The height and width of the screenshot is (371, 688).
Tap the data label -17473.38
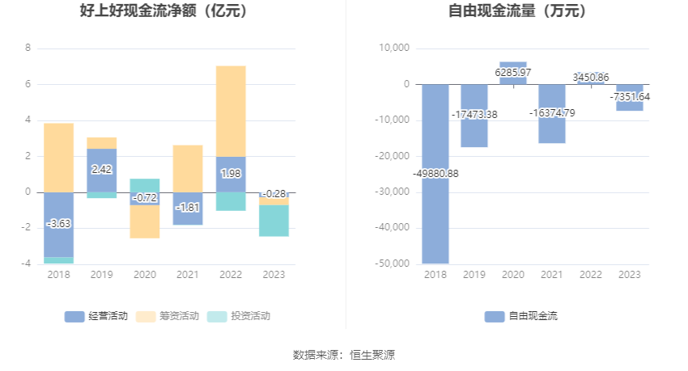pyautogui.click(x=474, y=115)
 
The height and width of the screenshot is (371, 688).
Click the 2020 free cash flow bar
pyautogui.click(x=513, y=68)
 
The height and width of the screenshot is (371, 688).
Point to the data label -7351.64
pyautogui.click(x=630, y=97)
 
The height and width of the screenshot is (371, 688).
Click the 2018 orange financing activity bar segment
pyautogui.click(x=58, y=158)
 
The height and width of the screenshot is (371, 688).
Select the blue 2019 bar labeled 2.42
pyautogui.click(x=101, y=171)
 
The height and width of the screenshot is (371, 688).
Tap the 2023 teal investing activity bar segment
pyautogui.click(x=274, y=221)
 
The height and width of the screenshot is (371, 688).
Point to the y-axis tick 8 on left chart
pyautogui.click(x=28, y=48)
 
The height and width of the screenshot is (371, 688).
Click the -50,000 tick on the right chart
pyautogui.click(x=393, y=263)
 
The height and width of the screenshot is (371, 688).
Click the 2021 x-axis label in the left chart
pyautogui.click(x=188, y=275)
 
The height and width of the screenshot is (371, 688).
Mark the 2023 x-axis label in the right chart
pyautogui.click(x=630, y=275)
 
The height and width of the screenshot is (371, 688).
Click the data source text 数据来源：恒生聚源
pyautogui.click(x=344, y=354)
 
